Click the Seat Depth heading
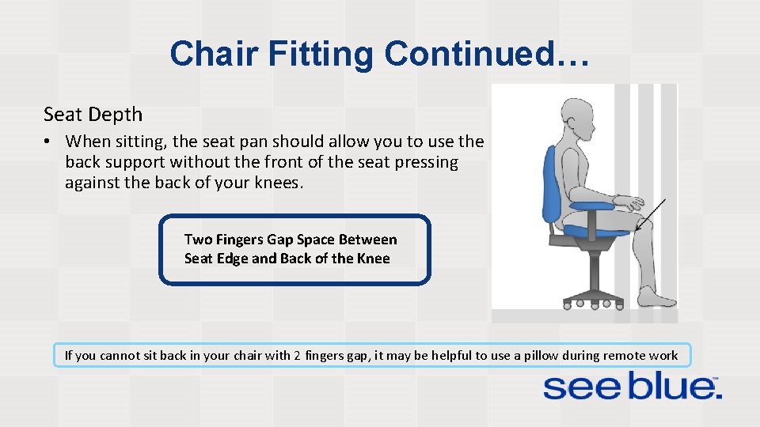[93, 115]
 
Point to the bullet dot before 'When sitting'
[48, 142]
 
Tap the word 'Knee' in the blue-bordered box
[373, 259]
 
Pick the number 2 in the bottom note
[296, 356]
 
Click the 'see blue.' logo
[631, 387]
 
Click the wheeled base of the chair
[591, 297]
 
